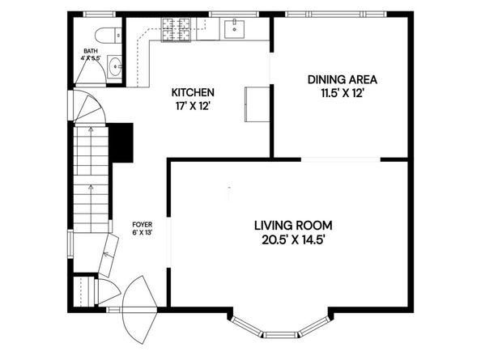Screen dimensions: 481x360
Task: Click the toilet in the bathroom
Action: tap(109, 36)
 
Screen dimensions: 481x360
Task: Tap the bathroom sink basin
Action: tap(115, 66)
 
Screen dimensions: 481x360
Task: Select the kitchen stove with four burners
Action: tap(175, 29)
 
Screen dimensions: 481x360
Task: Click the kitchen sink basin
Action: tap(234, 29)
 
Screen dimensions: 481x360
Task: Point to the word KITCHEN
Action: tap(193, 92)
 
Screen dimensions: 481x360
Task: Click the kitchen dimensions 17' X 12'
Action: tap(193, 106)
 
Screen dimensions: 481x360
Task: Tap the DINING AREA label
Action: tap(343, 79)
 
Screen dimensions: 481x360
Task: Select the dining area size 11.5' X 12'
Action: tap(343, 93)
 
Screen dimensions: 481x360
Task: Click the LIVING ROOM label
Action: tap(293, 226)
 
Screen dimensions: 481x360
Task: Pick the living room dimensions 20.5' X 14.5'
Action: tap(293, 239)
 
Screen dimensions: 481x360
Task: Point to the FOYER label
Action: tap(142, 225)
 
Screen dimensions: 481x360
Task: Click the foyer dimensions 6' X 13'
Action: tap(142, 232)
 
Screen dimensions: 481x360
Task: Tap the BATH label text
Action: tap(91, 51)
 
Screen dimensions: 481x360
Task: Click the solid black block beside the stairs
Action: tap(121, 142)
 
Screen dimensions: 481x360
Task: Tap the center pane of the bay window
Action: tap(281, 335)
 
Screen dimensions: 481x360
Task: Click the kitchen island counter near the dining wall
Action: tap(257, 104)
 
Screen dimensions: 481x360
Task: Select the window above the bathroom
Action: tap(100, 14)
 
